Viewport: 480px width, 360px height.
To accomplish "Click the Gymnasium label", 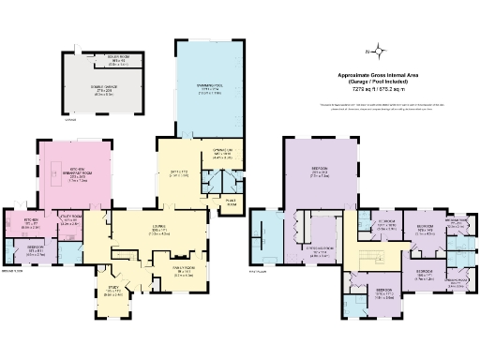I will coord(222,152).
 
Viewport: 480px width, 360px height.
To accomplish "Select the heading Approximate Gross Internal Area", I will coord(380,74).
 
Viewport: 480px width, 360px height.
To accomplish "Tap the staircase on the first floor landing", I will coord(370,258).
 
